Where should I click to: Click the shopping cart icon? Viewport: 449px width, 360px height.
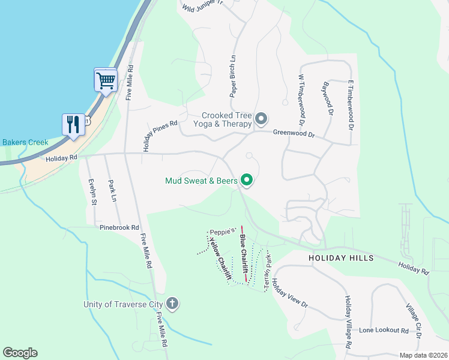(106, 80)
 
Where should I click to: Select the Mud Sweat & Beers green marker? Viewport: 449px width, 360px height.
(246, 179)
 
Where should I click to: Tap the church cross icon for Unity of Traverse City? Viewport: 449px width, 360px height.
(172, 304)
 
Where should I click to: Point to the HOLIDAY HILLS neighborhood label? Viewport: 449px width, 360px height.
(341, 258)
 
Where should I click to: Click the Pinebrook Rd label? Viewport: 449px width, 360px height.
(119, 228)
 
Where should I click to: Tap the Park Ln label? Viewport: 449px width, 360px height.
(112, 190)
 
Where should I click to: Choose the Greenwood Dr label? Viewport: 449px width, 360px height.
(294, 134)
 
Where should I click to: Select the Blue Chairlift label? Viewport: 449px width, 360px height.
(244, 253)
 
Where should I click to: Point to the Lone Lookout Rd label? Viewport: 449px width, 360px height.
(384, 331)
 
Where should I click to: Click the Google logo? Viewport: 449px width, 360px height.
(20, 353)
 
